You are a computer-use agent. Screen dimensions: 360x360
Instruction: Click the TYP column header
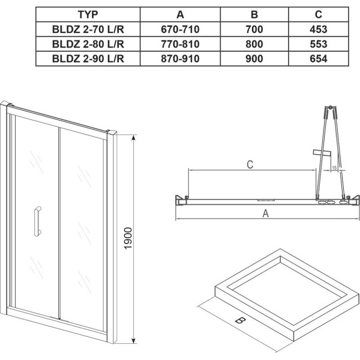click(88, 14)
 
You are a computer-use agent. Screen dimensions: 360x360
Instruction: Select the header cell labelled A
click(180, 14)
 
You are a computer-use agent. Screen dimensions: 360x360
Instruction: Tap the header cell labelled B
click(254, 14)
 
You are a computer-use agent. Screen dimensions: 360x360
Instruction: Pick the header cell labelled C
click(319, 14)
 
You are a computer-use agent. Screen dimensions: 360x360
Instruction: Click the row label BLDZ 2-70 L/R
click(88, 29)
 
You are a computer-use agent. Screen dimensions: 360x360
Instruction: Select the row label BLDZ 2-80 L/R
click(88, 44)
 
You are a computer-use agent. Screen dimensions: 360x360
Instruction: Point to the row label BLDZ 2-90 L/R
click(88, 59)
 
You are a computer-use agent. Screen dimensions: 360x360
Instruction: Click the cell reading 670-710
click(180, 29)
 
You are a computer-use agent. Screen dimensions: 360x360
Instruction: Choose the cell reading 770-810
click(180, 44)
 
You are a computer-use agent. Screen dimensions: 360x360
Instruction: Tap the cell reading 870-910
click(180, 59)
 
